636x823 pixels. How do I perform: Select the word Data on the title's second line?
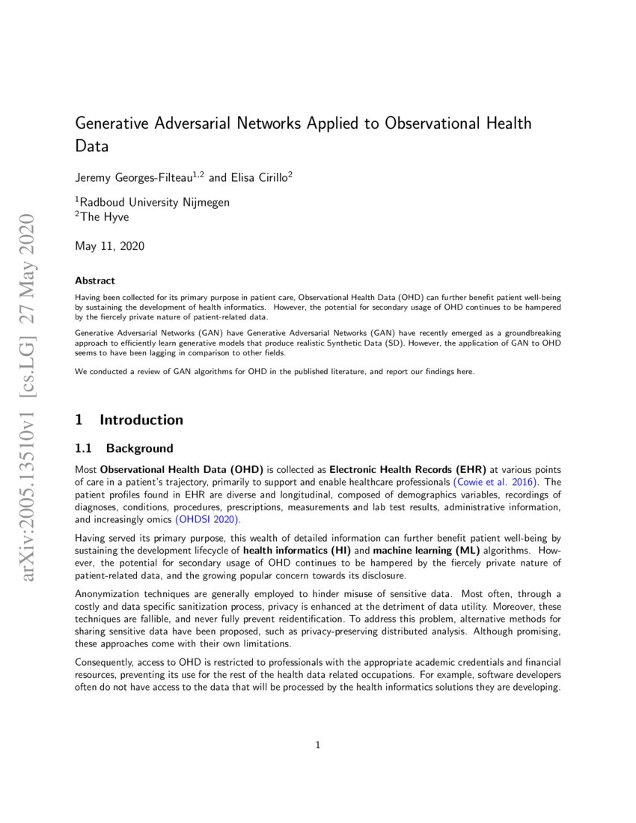click(x=92, y=147)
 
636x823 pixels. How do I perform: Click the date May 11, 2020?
click(x=110, y=245)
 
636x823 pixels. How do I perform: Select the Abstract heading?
click(x=95, y=281)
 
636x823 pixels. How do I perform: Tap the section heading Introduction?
click(x=141, y=420)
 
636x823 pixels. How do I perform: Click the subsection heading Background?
click(x=139, y=449)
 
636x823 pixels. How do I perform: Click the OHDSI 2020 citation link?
click(x=208, y=518)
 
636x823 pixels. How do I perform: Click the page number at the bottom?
click(x=318, y=745)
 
